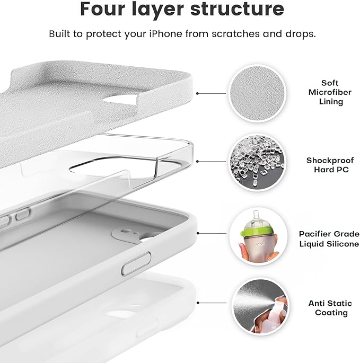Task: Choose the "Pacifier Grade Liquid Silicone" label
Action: tap(329, 238)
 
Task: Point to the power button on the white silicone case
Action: tap(136, 263)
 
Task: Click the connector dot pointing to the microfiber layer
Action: tap(197, 93)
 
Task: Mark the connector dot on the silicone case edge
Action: tap(197, 233)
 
